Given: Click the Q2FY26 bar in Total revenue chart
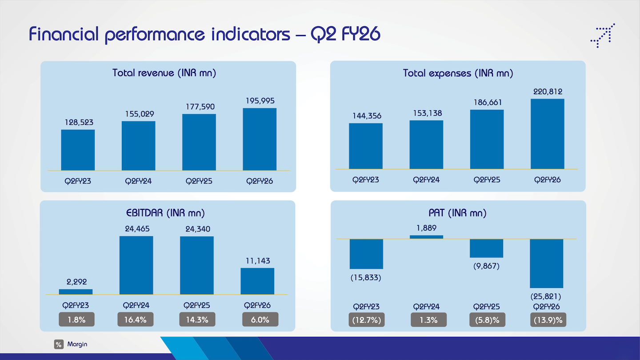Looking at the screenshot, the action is coord(260,139).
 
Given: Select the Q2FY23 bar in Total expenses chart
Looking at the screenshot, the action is coord(366,146).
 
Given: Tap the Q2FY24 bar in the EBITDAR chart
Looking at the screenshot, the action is coord(136,265).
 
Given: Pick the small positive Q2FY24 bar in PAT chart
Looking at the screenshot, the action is coord(426,237).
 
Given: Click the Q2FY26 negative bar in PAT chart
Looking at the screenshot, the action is coord(547,264).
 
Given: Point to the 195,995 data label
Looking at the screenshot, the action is coord(260,100).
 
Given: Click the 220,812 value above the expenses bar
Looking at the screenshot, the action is coord(548,92).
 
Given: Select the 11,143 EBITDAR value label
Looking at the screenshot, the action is coord(258,260).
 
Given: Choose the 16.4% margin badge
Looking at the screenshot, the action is coord(136,320).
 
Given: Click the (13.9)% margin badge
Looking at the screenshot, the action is coord(548,320).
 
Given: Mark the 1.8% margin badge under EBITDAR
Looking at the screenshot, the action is coord(76,320).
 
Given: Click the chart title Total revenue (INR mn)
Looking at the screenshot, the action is coord(164,73).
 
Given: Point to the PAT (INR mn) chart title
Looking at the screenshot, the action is coord(457,213).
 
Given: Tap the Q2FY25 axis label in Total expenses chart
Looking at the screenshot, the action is coord(487,180).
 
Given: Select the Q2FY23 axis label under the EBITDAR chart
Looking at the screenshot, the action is coord(76,305).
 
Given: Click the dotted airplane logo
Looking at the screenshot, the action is coord(603,36).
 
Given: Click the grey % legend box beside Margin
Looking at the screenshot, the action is coord(59,344).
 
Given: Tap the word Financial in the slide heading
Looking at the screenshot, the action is coord(64,34).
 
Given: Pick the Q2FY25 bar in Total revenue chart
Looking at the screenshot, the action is coord(199,142).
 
